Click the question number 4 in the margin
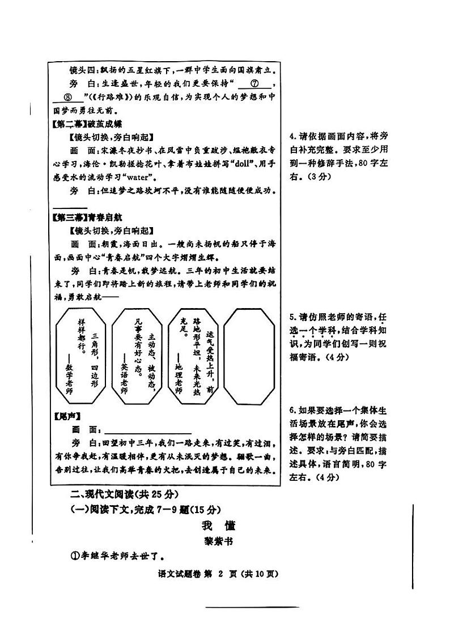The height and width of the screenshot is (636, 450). point(292,136)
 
